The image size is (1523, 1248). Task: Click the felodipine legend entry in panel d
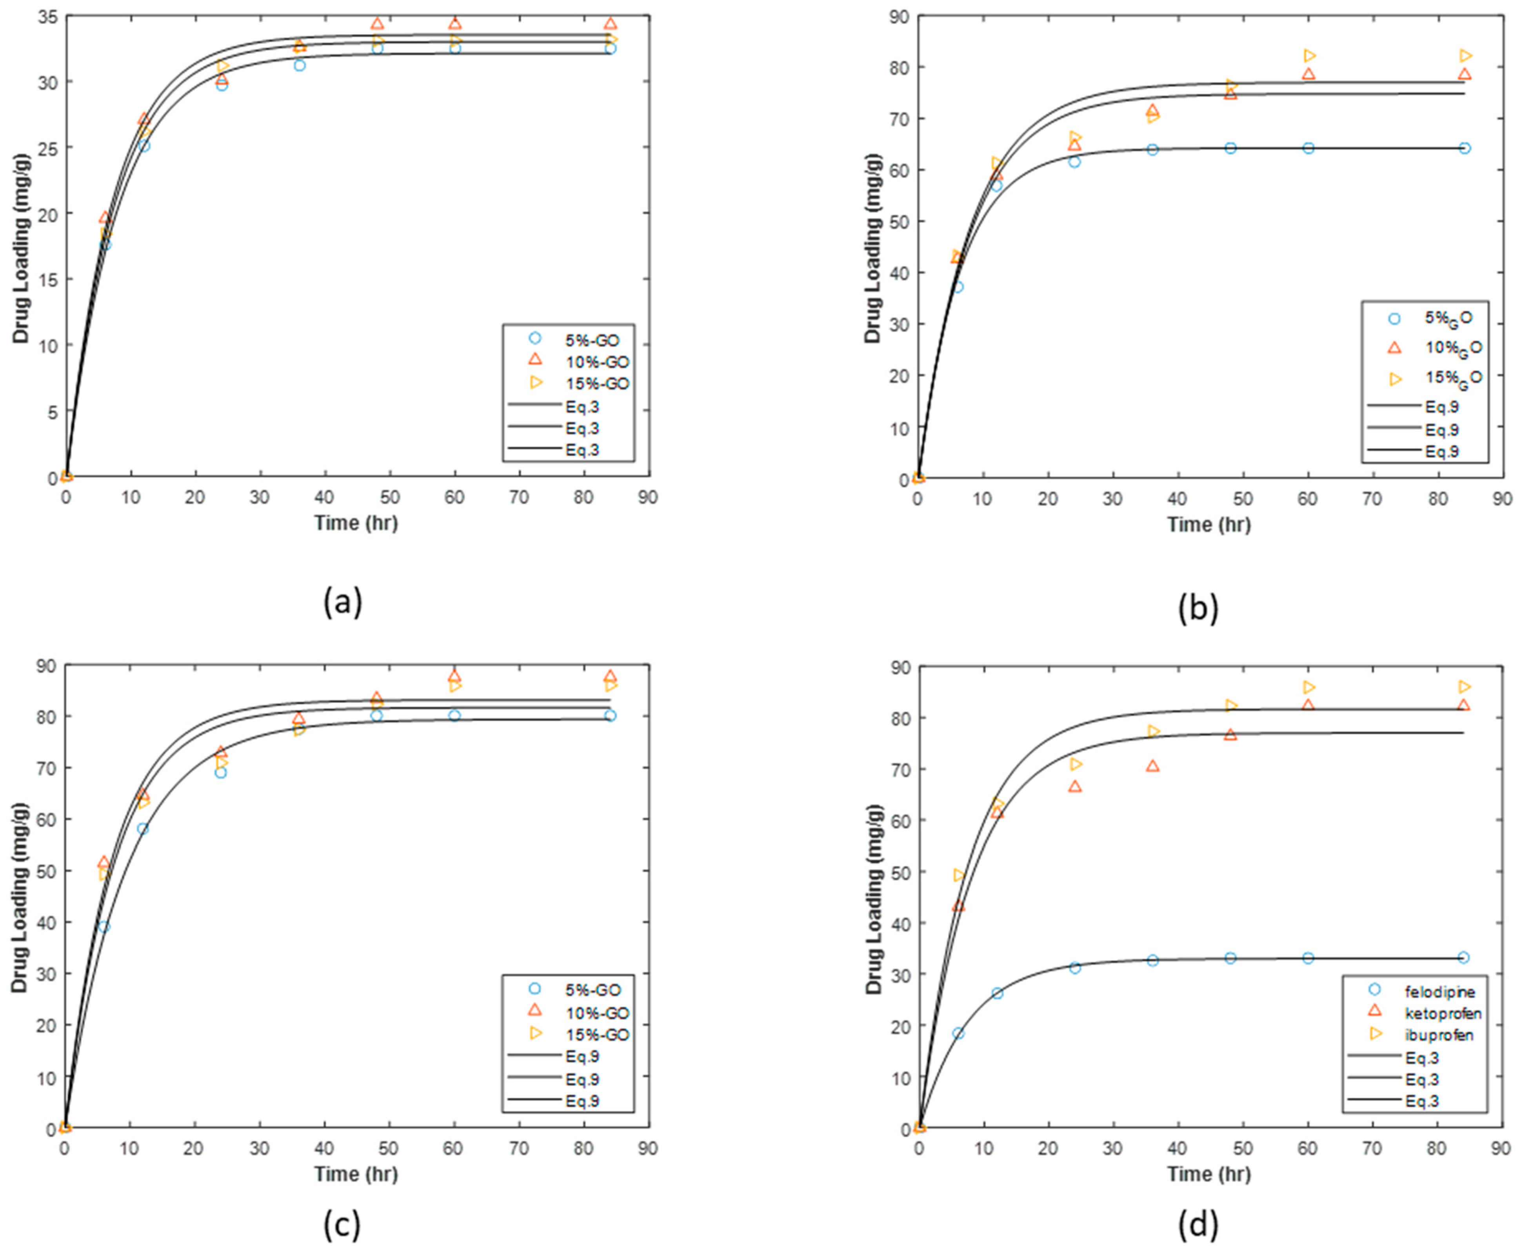[x=1439, y=992]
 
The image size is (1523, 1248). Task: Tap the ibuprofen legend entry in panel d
[x=1439, y=1035]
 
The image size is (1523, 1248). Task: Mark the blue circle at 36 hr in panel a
[x=299, y=65]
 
